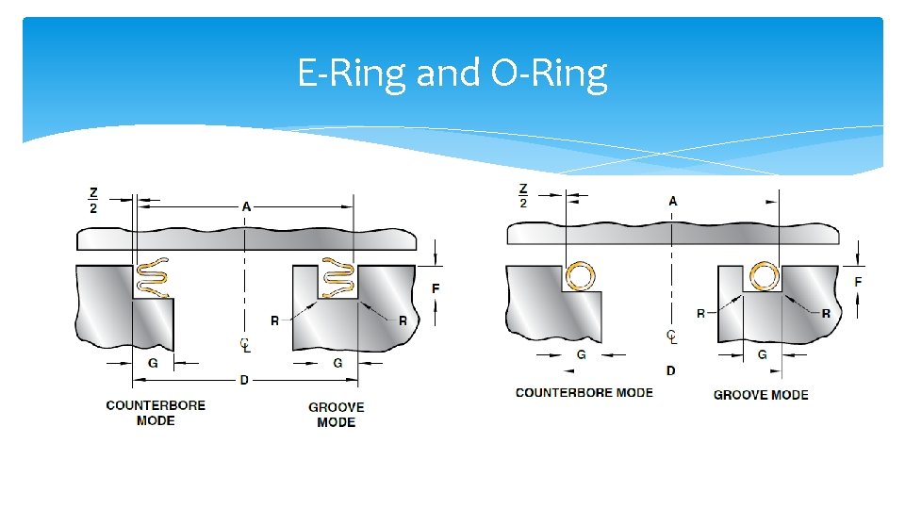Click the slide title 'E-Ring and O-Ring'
(452, 73)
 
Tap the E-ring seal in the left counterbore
(154, 277)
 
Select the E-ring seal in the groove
(337, 277)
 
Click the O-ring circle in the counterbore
(582, 277)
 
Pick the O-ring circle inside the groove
(764, 277)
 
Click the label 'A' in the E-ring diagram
(246, 205)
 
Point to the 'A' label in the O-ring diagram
(672, 201)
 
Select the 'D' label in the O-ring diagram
(670, 370)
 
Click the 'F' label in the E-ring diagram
(436, 287)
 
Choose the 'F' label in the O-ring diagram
(858, 282)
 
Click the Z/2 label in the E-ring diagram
(93, 201)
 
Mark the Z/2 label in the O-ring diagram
(523, 196)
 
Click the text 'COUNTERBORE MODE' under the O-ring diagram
(584, 392)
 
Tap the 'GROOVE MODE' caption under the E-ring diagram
(337, 415)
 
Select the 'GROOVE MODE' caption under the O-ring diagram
(761, 395)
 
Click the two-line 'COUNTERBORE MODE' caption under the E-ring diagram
(156, 413)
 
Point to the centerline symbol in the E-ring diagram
(245, 345)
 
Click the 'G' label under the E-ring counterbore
(153, 362)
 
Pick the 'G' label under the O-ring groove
(763, 355)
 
